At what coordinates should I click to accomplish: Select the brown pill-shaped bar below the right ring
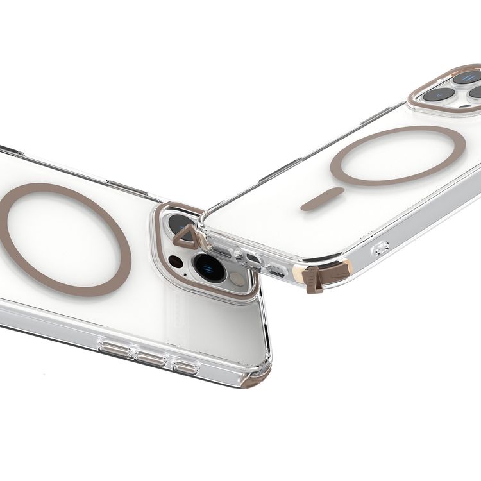(322, 199)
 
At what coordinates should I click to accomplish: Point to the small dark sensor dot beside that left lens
(176, 261)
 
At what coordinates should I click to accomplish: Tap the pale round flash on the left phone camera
(237, 278)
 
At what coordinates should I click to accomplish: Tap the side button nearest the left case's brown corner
(185, 367)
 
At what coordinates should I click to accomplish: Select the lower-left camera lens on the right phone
(439, 95)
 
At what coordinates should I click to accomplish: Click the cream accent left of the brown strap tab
(298, 274)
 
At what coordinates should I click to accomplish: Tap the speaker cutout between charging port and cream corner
(276, 271)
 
